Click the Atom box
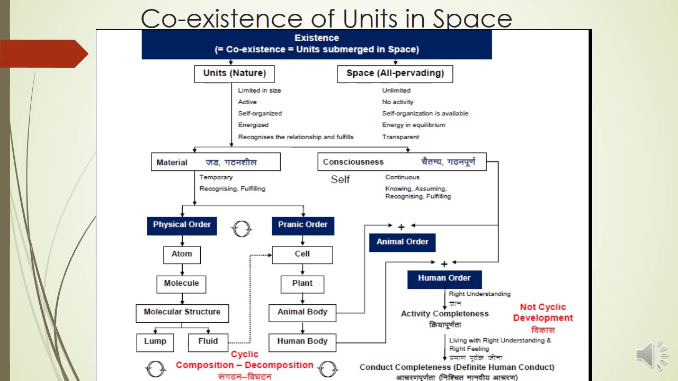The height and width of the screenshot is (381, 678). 182,254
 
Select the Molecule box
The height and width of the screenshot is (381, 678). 181,284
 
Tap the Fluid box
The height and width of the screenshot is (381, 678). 208,342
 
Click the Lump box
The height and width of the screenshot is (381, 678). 155,342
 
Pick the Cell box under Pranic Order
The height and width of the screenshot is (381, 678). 302,254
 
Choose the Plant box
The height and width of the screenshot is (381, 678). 302,284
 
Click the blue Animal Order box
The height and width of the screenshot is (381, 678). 402,242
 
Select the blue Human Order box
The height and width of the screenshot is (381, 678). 444,278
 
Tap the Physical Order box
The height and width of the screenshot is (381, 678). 182,225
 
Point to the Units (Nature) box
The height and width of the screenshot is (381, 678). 235,74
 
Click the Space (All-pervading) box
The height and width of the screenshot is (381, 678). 395,74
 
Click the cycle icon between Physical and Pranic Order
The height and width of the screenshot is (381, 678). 242,229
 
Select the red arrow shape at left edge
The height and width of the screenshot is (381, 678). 42,53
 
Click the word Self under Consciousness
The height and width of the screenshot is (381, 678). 340,179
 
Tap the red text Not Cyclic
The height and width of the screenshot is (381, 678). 542,307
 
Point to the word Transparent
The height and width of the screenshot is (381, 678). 400,137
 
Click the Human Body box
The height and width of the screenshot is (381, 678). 302,342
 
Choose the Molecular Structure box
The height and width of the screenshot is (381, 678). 182,312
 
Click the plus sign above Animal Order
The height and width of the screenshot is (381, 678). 401,227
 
